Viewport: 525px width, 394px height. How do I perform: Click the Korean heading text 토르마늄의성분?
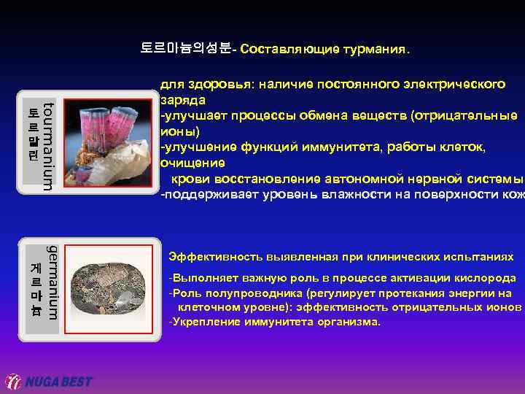185,49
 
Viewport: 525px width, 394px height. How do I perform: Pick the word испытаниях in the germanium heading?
482,257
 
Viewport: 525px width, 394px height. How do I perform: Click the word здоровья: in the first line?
209,84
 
